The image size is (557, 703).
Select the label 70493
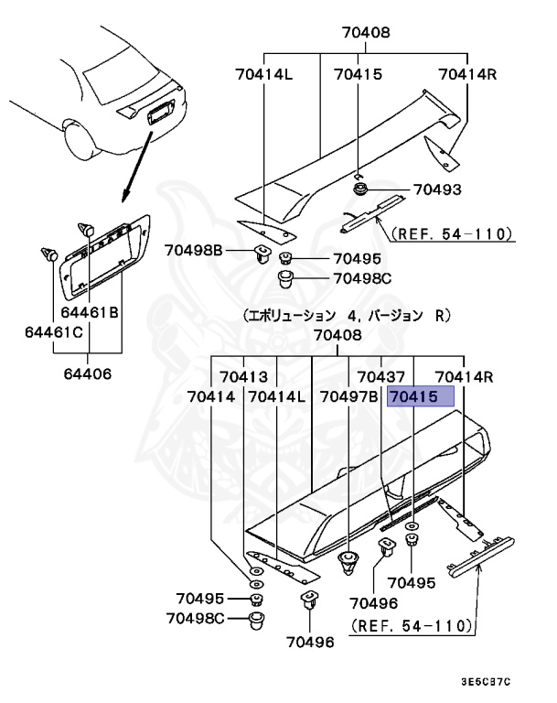pyautogui.click(x=437, y=189)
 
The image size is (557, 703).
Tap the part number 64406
pyautogui.click(x=88, y=373)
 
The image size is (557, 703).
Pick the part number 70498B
pyautogui.click(x=194, y=249)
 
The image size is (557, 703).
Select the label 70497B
pyautogui.click(x=348, y=397)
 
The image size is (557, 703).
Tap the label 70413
pyautogui.click(x=242, y=376)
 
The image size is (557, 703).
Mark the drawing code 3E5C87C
pyautogui.click(x=487, y=682)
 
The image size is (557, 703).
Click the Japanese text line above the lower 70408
pyautogui.click(x=347, y=315)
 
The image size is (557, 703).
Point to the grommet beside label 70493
pyautogui.click(x=359, y=189)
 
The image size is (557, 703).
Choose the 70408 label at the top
pyautogui.click(x=365, y=32)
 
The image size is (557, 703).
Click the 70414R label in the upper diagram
pyautogui.click(x=466, y=73)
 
